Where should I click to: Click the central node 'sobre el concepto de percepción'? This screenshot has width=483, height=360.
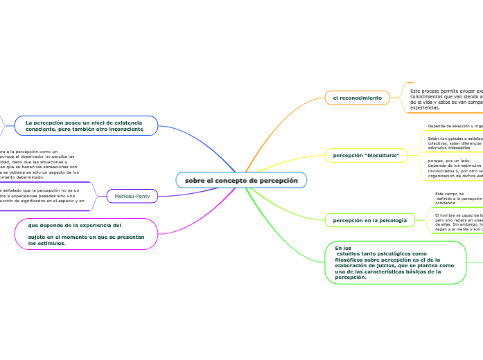[x=241, y=181]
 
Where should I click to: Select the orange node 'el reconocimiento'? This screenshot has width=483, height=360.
[x=357, y=98]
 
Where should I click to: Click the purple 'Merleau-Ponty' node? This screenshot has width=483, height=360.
[x=132, y=197]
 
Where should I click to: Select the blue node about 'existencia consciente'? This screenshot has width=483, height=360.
[x=85, y=126]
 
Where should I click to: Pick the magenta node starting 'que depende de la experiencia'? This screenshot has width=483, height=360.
[x=86, y=234]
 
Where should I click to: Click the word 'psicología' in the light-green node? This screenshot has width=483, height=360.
[x=392, y=221]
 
